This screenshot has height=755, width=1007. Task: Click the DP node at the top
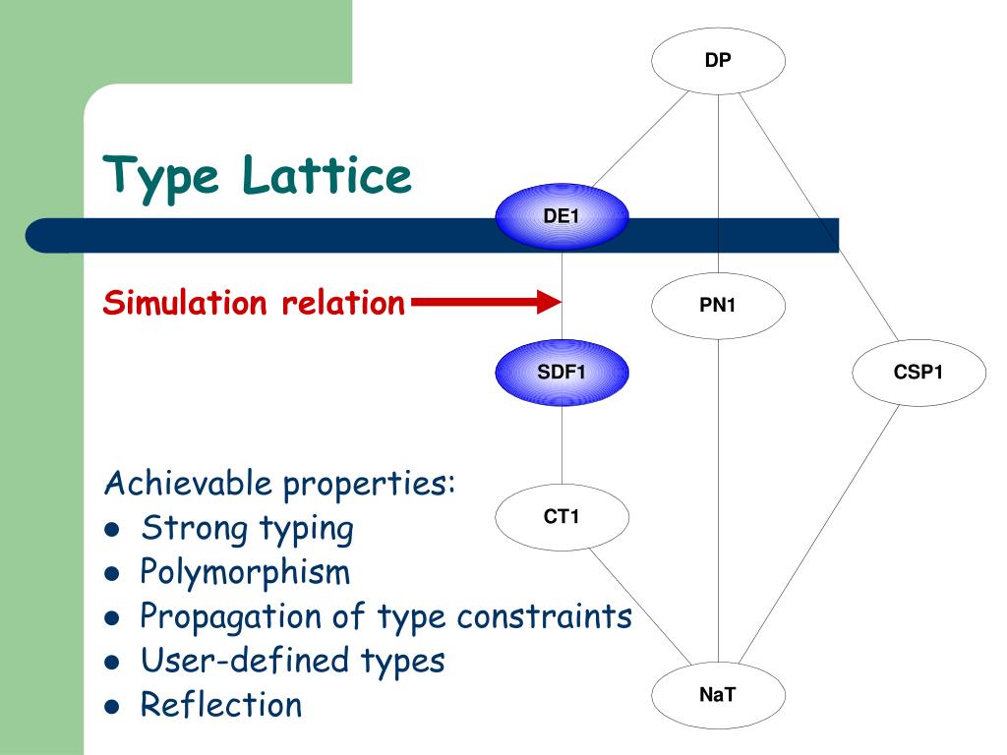[x=718, y=61]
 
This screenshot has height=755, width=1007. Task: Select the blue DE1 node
[x=562, y=216]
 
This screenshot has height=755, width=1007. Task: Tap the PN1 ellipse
[x=718, y=306]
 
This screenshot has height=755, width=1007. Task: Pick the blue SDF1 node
[x=562, y=373]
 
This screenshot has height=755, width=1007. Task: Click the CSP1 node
[x=918, y=373]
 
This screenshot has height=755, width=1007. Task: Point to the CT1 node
[x=562, y=516]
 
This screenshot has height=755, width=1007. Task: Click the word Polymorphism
[x=245, y=571]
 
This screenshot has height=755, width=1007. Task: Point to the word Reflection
[x=221, y=704]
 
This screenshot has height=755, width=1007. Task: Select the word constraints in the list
[x=544, y=616]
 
